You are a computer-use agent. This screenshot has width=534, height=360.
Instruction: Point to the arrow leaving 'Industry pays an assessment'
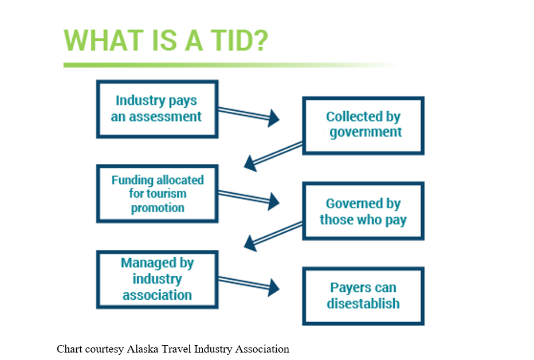(249, 114)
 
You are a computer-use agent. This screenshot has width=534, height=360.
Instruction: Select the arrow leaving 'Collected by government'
(273, 156)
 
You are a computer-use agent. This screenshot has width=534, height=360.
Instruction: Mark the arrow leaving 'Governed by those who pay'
(273, 236)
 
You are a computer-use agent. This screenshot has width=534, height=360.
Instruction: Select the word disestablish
(363, 303)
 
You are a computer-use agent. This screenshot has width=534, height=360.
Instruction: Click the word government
(366, 132)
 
